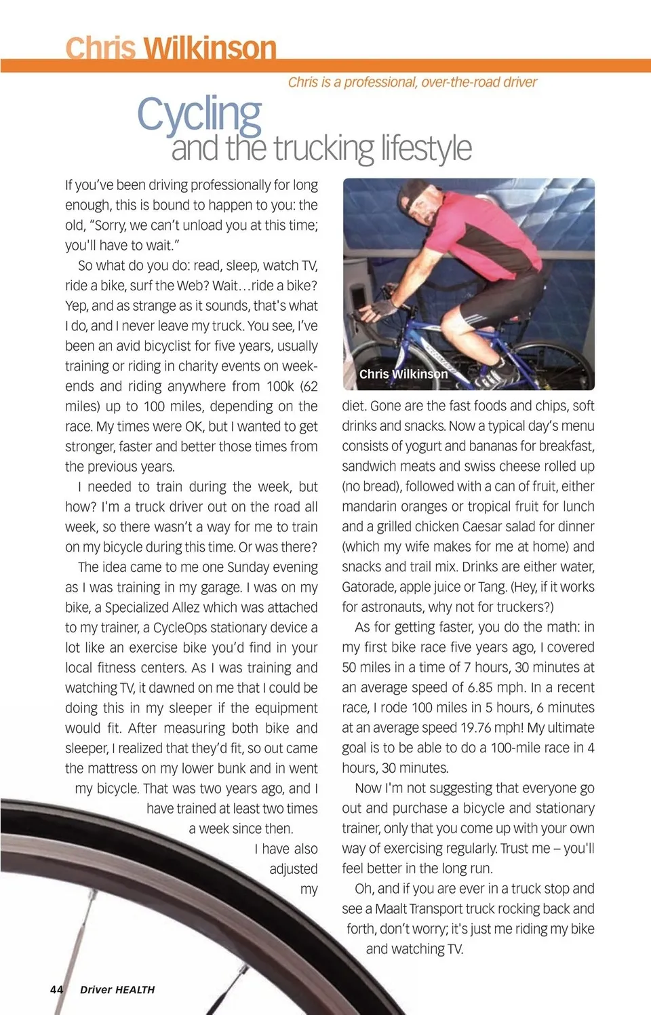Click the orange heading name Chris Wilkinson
(x=171, y=48)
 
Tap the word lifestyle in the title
(x=426, y=149)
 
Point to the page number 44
(x=56, y=989)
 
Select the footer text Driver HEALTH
(x=117, y=990)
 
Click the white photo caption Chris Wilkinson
(x=403, y=374)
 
